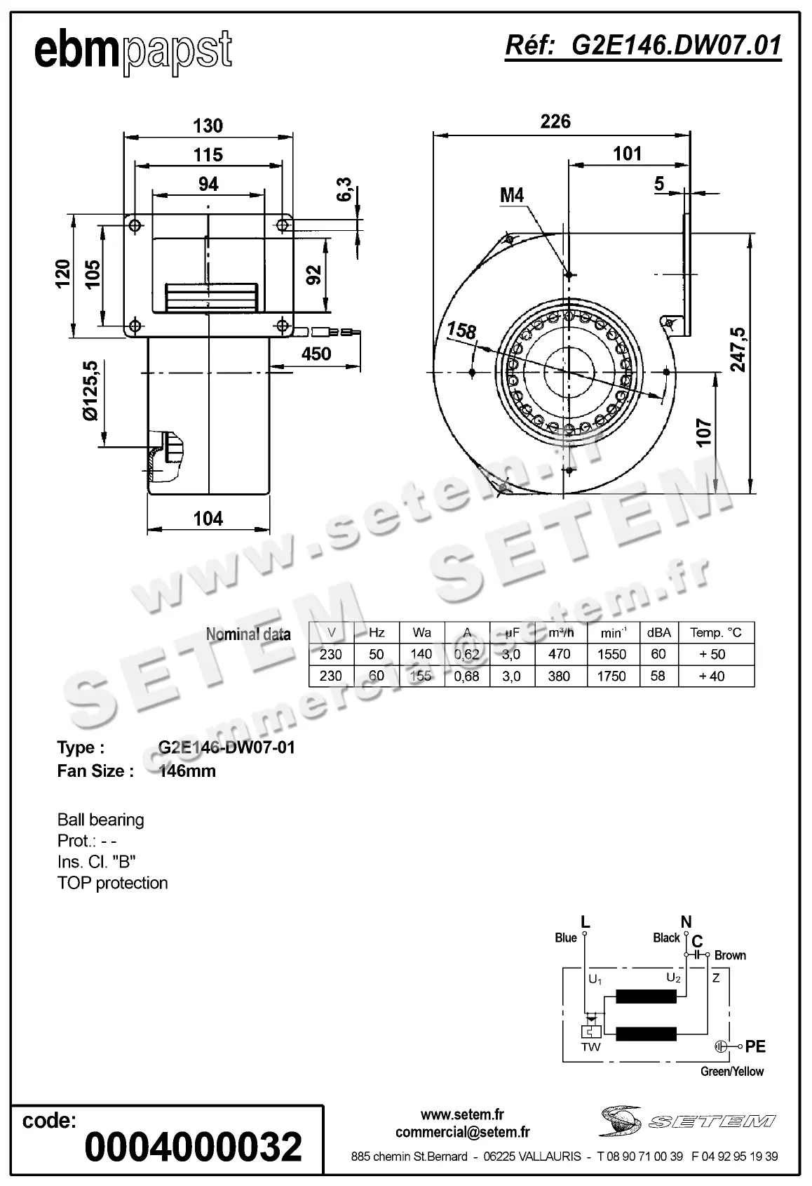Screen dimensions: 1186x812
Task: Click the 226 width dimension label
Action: (555, 122)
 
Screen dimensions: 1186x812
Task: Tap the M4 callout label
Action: (512, 195)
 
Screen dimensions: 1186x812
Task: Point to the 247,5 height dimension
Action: (738, 349)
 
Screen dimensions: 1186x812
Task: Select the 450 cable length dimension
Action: (316, 354)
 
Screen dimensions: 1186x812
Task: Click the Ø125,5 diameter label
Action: (90, 391)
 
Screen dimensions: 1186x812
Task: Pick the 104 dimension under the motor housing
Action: (208, 519)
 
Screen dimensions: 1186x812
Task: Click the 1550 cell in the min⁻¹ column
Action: (611, 654)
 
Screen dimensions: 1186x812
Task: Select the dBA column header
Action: (658, 632)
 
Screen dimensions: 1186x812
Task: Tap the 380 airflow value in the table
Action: (559, 676)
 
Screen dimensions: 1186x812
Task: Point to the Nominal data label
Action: (248, 634)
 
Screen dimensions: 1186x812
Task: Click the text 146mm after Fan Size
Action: (187, 771)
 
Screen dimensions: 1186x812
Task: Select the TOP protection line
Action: (112, 883)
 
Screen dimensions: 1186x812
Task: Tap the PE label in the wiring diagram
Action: (755, 1046)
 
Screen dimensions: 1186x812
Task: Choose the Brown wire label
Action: (730, 955)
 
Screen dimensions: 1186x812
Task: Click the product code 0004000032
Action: (193, 1147)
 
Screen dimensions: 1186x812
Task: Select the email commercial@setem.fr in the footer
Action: (462, 1132)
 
